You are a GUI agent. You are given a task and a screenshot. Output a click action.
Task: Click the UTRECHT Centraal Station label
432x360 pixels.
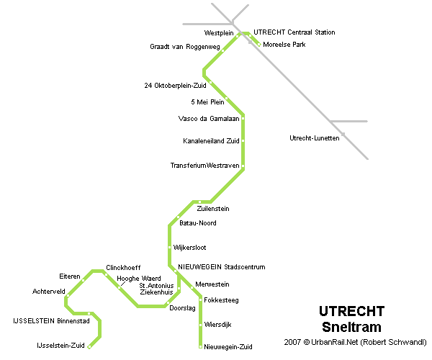[294, 32]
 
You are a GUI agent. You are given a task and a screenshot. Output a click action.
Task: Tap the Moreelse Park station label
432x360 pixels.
[284, 44]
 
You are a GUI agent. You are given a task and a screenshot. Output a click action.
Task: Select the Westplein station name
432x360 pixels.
[220, 33]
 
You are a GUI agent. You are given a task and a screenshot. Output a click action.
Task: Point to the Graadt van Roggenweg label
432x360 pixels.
[184, 47]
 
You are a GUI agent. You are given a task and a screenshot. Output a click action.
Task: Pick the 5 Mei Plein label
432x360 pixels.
[208, 102]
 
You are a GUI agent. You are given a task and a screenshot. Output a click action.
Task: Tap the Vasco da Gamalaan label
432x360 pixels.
[209, 119]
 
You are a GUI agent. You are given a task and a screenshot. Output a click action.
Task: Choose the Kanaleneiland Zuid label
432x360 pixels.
[211, 140]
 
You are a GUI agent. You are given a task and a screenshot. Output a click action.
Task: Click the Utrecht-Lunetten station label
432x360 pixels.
[314, 138]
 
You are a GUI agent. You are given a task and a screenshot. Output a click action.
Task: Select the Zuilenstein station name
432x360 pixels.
[212, 208]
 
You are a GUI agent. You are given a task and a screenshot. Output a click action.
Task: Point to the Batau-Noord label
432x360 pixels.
[198, 223]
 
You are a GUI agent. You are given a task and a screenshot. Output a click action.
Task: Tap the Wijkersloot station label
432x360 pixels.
[190, 247]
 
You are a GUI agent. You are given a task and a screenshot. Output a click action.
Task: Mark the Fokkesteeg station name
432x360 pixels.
[221, 300]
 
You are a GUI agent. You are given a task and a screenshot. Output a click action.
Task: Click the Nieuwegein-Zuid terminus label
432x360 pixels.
[228, 346]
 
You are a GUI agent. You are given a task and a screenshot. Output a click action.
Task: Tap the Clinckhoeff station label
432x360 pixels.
[122, 267]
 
